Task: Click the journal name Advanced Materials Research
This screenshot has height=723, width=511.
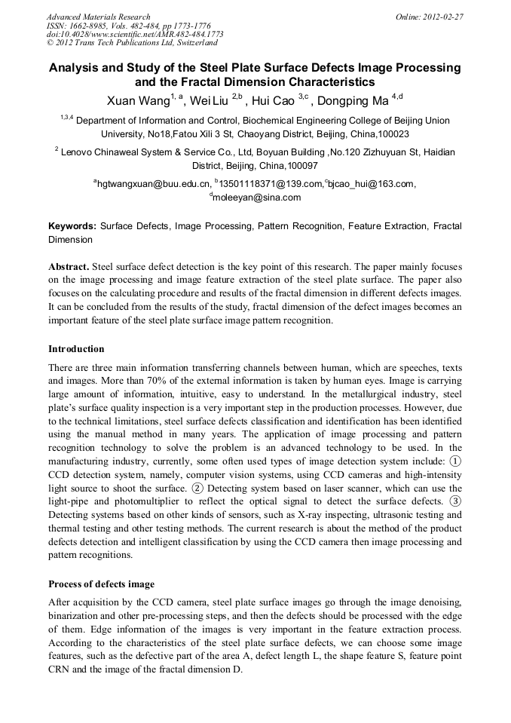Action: pyautogui.click(x=98, y=17)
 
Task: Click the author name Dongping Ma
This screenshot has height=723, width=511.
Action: pyautogui.click(x=356, y=101)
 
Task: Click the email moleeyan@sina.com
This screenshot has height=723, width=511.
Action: pyautogui.click(x=256, y=198)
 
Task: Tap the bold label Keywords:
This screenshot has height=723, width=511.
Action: pyautogui.click(x=72, y=225)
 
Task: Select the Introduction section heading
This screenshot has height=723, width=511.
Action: pyautogui.click(x=76, y=349)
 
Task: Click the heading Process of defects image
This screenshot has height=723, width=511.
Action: pyautogui.click(x=101, y=584)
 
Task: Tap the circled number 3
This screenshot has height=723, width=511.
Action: pyautogui.click(x=455, y=501)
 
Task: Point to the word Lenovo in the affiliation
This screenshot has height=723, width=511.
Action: pyautogui.click(x=78, y=152)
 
